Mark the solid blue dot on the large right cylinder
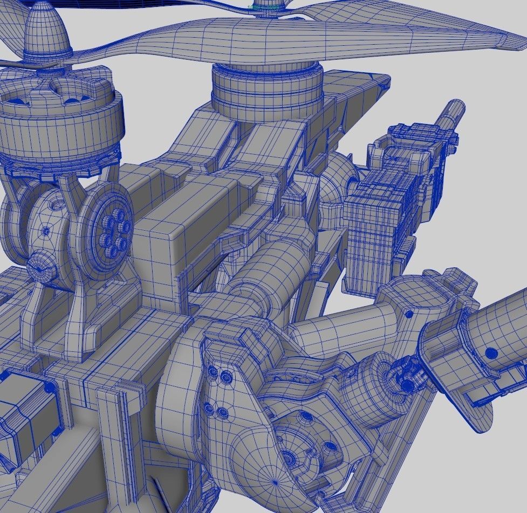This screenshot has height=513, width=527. coord(491,353)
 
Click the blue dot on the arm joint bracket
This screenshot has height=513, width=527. coord(409,313)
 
